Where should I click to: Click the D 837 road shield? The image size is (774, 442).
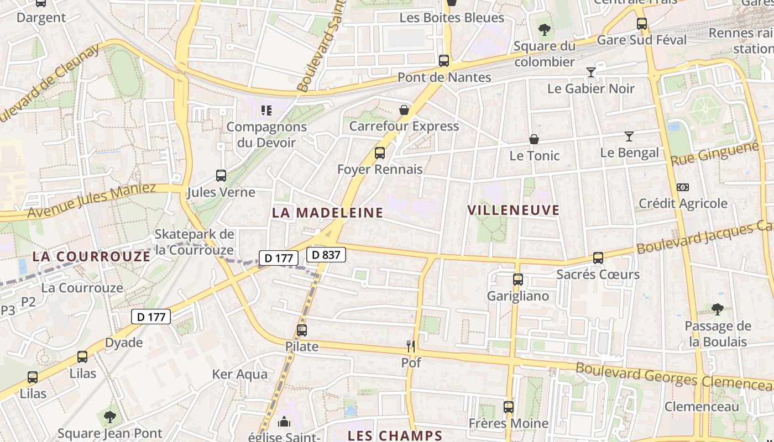(326, 255)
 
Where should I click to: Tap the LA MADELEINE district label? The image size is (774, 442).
(328, 213)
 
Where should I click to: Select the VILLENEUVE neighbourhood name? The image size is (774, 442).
(514, 210)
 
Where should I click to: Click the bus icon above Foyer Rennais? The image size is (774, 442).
(380, 153)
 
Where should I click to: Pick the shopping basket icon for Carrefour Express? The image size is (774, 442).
(404, 110)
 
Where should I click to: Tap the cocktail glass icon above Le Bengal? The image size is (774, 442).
(629, 136)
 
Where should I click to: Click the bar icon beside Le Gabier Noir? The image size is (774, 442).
(591, 72)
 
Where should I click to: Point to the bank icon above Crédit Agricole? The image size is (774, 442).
(683, 187)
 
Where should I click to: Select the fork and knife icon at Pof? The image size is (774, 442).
(411, 346)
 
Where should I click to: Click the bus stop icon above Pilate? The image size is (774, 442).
(301, 330)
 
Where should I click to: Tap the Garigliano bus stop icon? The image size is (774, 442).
(517, 280)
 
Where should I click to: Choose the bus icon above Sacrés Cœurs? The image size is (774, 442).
(598, 258)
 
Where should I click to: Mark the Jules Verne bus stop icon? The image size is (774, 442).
(221, 176)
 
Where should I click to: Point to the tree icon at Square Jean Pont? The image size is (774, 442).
(110, 417)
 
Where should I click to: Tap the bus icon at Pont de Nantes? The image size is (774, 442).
(443, 61)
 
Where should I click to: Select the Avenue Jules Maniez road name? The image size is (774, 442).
(91, 201)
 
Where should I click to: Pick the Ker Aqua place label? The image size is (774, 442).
(240, 374)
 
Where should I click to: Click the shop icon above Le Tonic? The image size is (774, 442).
(534, 139)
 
